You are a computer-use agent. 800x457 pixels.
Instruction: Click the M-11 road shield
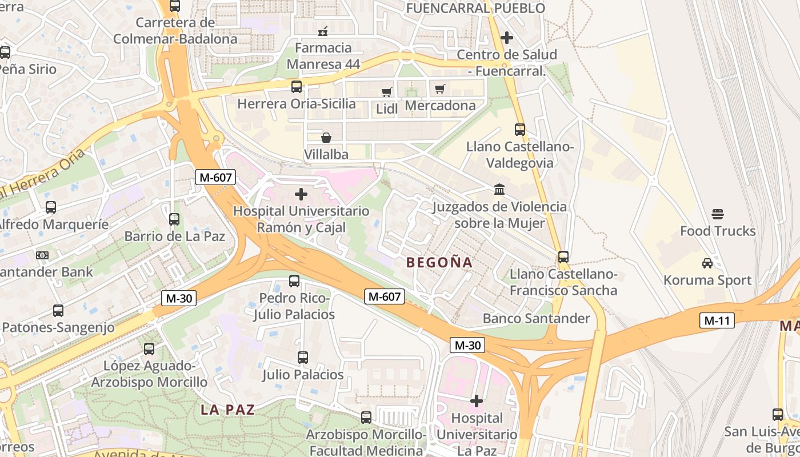coord(717,320)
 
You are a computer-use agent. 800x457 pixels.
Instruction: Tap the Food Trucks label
coord(718,231)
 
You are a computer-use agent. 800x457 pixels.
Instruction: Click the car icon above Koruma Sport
coord(707,263)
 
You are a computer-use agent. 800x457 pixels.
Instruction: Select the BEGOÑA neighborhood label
coord(439,263)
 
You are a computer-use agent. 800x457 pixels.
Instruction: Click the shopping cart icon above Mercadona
coord(439,89)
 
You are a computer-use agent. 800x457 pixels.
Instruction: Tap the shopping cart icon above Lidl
coord(387,92)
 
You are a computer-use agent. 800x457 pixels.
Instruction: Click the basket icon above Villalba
coord(326,138)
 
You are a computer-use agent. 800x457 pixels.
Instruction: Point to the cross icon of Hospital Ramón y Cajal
coord(301,194)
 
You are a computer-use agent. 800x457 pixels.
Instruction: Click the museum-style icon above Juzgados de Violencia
coord(499,189)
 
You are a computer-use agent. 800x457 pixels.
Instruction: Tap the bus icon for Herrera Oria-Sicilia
coord(297,87)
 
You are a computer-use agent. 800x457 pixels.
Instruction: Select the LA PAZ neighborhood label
coord(227,410)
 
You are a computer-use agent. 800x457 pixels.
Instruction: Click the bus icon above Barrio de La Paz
coord(174,219)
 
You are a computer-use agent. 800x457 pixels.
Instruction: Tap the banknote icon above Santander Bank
coord(42,255)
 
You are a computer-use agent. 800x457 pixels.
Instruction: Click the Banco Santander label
coord(536,318)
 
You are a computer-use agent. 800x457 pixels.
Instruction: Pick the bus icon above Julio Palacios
coord(303,358)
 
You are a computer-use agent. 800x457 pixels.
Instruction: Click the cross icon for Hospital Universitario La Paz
coord(477,401)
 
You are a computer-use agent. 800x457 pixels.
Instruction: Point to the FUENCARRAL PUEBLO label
coord(475,8)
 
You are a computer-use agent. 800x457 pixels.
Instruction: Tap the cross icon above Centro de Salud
coord(506,38)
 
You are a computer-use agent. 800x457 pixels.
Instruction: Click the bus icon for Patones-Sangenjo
coord(58,311)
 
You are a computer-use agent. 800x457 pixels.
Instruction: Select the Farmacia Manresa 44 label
coord(323,55)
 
